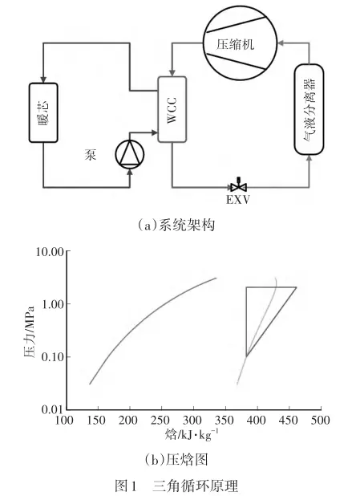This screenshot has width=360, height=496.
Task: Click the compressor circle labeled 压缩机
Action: [240, 43]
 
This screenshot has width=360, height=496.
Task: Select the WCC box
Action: [172, 109]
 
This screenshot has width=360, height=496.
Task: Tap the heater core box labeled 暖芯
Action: [43, 112]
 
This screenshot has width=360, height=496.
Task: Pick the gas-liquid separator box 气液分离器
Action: [309, 109]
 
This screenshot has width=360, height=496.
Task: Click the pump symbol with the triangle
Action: [130, 154]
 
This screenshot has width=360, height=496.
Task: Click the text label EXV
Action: [238, 200]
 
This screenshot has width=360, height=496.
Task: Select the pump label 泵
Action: [91, 154]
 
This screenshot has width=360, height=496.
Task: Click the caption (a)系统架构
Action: [176, 226]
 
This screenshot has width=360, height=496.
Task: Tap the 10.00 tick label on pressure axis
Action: [50, 252]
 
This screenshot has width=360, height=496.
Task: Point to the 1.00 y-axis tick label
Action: [53, 304]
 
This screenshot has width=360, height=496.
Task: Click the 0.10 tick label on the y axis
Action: [53, 357]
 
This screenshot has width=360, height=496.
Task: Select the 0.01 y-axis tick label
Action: [53, 409]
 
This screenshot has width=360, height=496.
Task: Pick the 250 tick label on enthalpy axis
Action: [161, 420]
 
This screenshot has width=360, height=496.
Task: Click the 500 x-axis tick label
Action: [321, 420]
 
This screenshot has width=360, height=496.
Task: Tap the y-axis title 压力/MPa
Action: [29, 331]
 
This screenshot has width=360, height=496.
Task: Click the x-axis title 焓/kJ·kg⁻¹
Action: [192, 435]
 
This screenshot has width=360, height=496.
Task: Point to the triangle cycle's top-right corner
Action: [297, 287]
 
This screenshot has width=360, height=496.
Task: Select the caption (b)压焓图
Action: [176, 459]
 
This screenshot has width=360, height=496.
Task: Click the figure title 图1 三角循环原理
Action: [176, 486]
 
